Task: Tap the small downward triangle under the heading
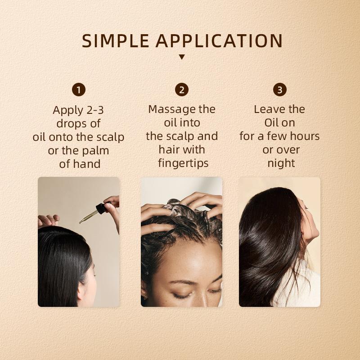click(182, 57)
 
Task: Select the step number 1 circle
click(79, 90)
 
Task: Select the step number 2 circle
click(182, 90)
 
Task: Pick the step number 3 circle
click(279, 90)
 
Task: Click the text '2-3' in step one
click(94, 110)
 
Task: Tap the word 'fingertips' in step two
click(182, 163)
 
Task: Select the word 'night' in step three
click(281, 163)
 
